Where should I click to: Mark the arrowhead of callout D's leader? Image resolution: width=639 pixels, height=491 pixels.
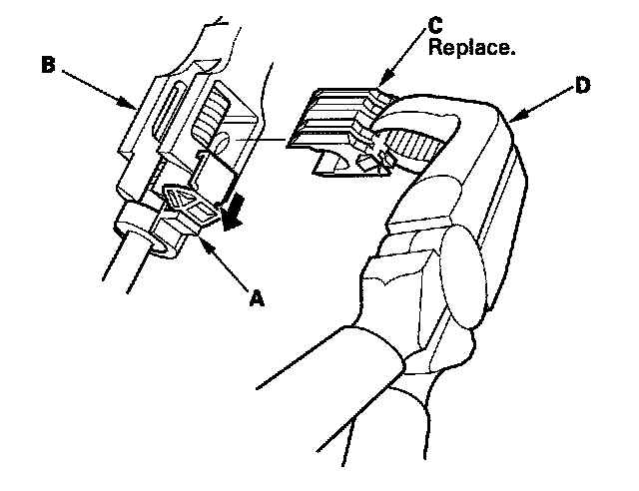[511, 122]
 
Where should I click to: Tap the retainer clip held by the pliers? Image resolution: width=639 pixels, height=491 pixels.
[334, 125]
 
